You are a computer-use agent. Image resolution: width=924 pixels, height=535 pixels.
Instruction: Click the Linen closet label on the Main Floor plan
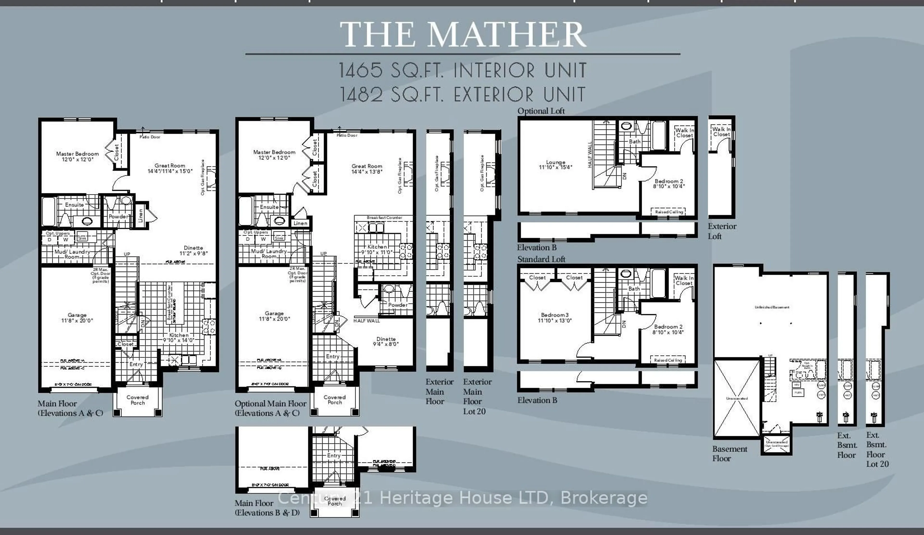(141, 215)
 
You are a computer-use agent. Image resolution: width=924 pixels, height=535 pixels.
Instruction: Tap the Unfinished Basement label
(772, 307)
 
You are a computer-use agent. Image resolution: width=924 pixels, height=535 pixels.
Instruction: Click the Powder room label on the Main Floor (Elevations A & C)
(118, 217)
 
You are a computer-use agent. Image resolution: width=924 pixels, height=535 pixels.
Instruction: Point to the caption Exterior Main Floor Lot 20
(477, 397)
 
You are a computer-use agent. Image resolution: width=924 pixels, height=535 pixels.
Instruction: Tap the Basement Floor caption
(729, 453)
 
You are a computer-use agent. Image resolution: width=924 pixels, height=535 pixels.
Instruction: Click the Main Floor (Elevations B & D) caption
(267, 508)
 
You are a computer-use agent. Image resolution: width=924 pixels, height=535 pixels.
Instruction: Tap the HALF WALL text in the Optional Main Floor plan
(366, 321)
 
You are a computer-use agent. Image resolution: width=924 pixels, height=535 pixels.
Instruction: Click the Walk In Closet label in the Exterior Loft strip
(721, 132)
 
